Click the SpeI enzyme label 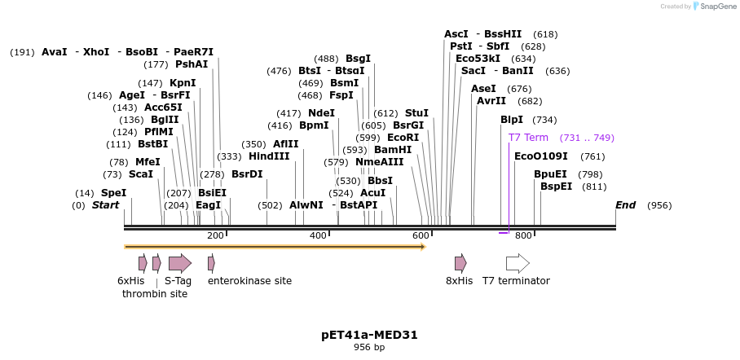coord(113,193)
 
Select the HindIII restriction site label coord(269,156)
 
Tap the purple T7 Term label coord(528,138)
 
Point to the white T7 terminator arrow coord(518,263)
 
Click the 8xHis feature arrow coord(460,263)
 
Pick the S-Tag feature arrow coord(179,263)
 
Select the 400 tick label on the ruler coord(318,235)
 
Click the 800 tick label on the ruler coord(523,235)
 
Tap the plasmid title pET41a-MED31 coord(369,335)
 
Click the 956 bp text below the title coord(369,348)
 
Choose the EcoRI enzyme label coord(403,138)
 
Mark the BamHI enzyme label coord(393,150)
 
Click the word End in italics coord(625,205)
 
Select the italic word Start coord(105,205)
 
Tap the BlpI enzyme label coord(512,120)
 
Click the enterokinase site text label coord(249,281)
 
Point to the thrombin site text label coord(155,294)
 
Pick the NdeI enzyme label coord(321,113)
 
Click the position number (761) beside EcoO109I coord(592,156)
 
